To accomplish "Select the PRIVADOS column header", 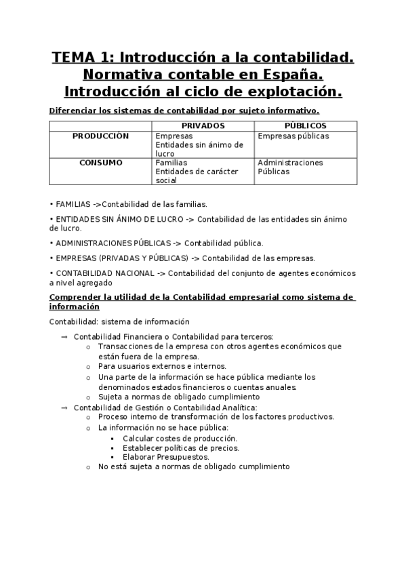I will pos(203,125).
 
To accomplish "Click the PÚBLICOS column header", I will pos(306,125).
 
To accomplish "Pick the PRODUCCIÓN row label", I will pos(100,136).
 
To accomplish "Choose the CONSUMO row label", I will pos(100,163).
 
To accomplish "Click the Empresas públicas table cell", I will pos(293,136).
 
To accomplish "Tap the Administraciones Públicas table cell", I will pos(290,167).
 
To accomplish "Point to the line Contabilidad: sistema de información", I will pos(119,321).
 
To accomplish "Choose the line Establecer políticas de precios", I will pos(181,448).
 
